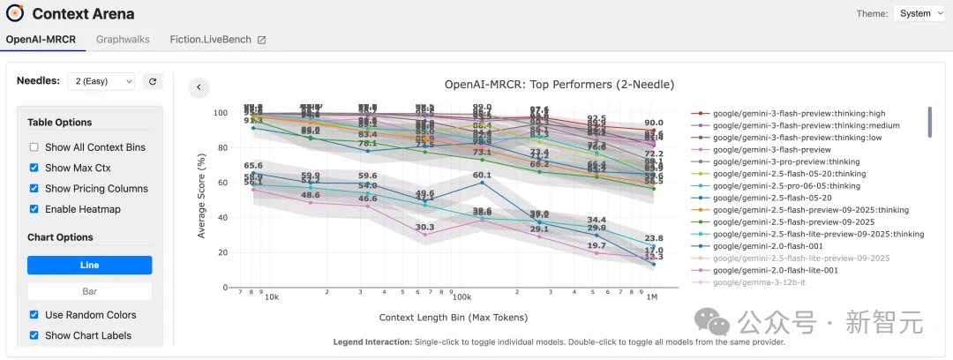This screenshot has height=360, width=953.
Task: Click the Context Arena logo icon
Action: point(15,13)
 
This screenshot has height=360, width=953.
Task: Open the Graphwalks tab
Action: point(123,40)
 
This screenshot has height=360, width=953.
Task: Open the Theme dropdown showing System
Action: point(923,13)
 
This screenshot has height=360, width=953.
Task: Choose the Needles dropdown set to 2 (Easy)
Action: point(101,81)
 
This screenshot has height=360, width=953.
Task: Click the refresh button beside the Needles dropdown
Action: point(153,81)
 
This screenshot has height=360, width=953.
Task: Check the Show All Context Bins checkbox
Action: point(34,147)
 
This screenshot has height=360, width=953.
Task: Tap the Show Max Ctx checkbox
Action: point(34,168)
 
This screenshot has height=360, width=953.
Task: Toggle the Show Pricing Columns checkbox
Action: point(34,189)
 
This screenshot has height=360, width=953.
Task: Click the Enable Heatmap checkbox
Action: point(34,209)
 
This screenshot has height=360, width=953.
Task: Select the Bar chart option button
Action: point(89,290)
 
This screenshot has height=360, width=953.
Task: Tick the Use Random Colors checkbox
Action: point(34,315)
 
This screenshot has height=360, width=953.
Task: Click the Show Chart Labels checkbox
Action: point(34,335)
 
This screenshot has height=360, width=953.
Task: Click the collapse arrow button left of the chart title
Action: point(199,86)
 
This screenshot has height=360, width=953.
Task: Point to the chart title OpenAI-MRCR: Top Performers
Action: point(559,85)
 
